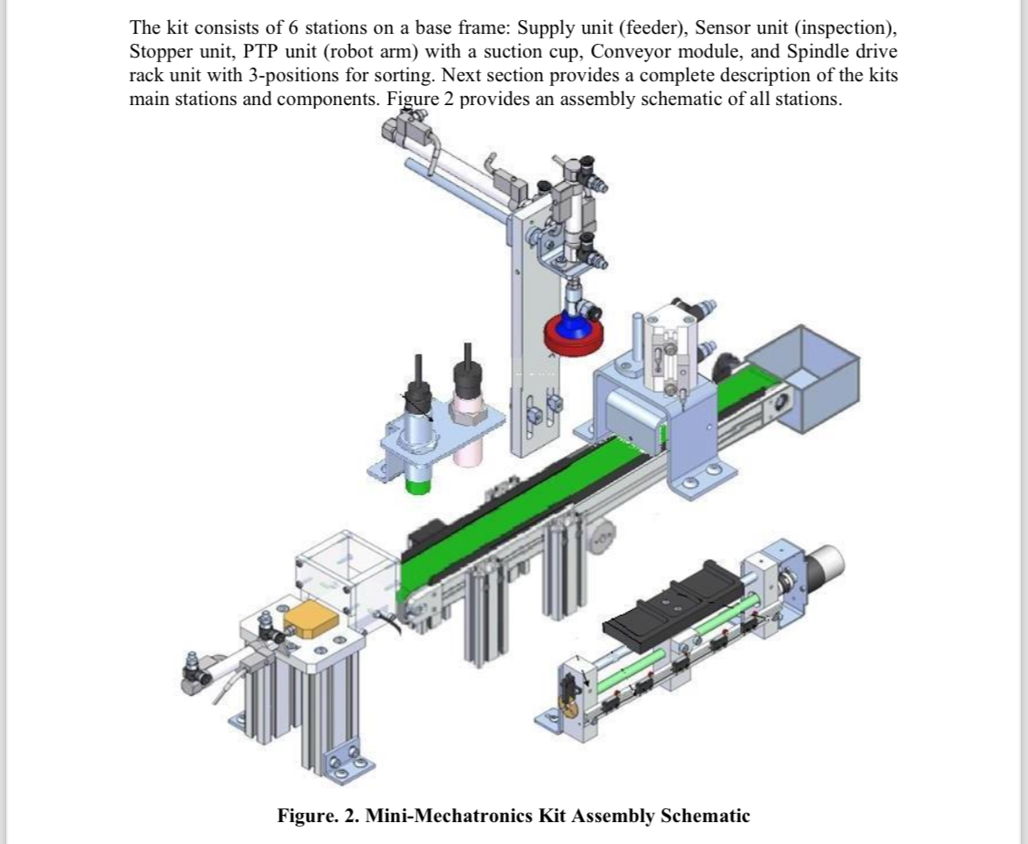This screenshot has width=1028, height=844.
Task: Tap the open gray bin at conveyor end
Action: pos(809,366)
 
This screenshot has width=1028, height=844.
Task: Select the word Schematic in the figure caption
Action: pos(706,816)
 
